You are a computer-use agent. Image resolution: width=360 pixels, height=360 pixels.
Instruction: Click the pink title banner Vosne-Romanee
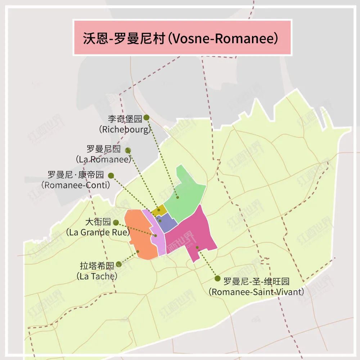[x=182, y=38]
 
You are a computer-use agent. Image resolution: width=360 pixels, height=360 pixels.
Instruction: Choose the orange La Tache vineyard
[x=140, y=234]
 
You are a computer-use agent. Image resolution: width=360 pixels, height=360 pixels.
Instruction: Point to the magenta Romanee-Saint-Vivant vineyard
[x=191, y=234]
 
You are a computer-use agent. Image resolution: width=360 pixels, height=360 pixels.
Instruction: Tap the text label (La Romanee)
[x=103, y=159]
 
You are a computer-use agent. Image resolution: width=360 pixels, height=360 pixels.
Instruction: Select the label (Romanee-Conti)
[x=76, y=185]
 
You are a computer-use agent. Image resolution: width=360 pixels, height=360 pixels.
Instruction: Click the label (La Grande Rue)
[x=98, y=232]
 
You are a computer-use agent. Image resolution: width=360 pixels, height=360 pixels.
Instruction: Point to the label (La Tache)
[x=97, y=276]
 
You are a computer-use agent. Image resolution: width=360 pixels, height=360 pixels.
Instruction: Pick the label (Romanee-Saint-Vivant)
[x=256, y=292]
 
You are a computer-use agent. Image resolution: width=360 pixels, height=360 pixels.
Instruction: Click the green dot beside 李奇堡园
[x=146, y=117]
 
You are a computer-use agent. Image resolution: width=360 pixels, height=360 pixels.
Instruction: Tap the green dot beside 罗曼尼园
[x=128, y=150]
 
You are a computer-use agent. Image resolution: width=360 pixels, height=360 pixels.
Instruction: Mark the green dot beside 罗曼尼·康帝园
[x=111, y=176]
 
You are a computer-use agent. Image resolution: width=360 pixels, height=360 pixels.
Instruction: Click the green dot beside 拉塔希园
[x=119, y=264]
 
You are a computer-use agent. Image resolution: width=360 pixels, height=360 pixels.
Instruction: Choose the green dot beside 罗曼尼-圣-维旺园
[x=217, y=278]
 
